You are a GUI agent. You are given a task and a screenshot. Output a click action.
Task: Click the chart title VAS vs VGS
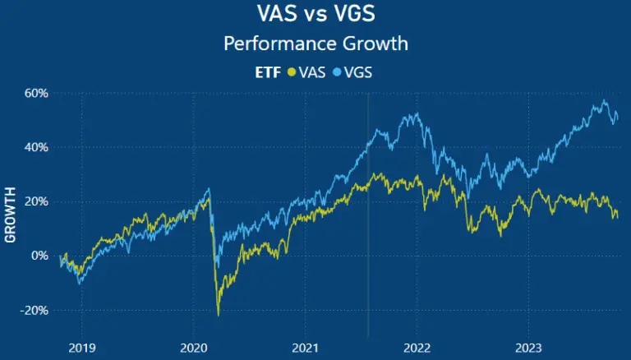tap(315, 15)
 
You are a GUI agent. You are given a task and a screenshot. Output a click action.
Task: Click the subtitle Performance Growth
tap(315, 43)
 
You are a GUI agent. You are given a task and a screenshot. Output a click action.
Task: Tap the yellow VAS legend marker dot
tap(290, 72)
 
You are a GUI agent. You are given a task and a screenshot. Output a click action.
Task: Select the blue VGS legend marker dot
tap(337, 72)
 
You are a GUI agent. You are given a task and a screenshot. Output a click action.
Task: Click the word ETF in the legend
tap(268, 72)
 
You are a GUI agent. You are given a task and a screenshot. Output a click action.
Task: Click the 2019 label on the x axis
tap(81, 348)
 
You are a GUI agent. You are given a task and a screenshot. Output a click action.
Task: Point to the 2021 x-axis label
tap(305, 348)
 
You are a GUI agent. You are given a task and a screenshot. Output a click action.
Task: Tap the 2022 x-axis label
tap(417, 348)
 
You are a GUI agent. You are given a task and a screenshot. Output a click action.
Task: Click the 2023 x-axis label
tap(528, 348)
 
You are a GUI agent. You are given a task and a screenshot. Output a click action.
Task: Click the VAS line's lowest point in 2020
tap(219, 315)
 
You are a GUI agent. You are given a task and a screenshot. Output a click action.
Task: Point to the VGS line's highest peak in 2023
tap(604, 101)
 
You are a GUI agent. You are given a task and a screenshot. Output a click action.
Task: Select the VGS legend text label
tap(358, 72)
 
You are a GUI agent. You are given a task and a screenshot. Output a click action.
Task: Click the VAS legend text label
tap(311, 72)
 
